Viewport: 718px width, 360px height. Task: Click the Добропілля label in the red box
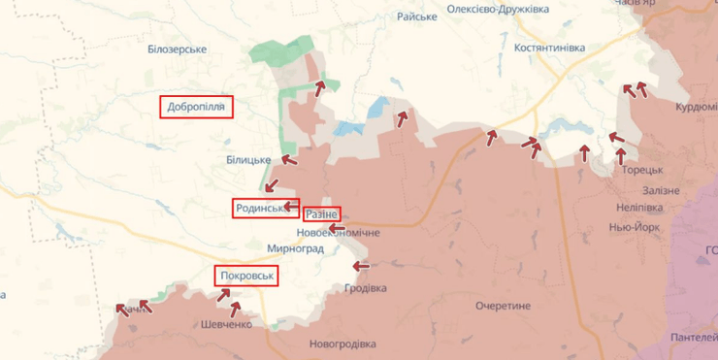[x=197, y=107]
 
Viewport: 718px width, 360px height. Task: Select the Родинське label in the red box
[x=260, y=208]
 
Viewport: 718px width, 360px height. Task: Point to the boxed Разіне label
[x=321, y=213]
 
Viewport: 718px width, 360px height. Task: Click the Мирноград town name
[x=295, y=249]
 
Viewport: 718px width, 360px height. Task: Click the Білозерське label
[x=178, y=49]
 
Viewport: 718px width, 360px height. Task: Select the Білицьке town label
[x=248, y=159]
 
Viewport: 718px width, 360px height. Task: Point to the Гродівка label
[x=365, y=288]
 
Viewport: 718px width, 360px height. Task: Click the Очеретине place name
[x=503, y=306]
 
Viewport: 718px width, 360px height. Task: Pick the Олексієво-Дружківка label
[x=498, y=9]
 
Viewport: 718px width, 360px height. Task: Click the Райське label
[x=417, y=16]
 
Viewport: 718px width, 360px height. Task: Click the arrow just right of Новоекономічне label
[x=337, y=229]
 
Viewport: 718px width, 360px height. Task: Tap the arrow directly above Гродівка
[x=361, y=266]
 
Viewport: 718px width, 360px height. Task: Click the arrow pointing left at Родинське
[x=292, y=206]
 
